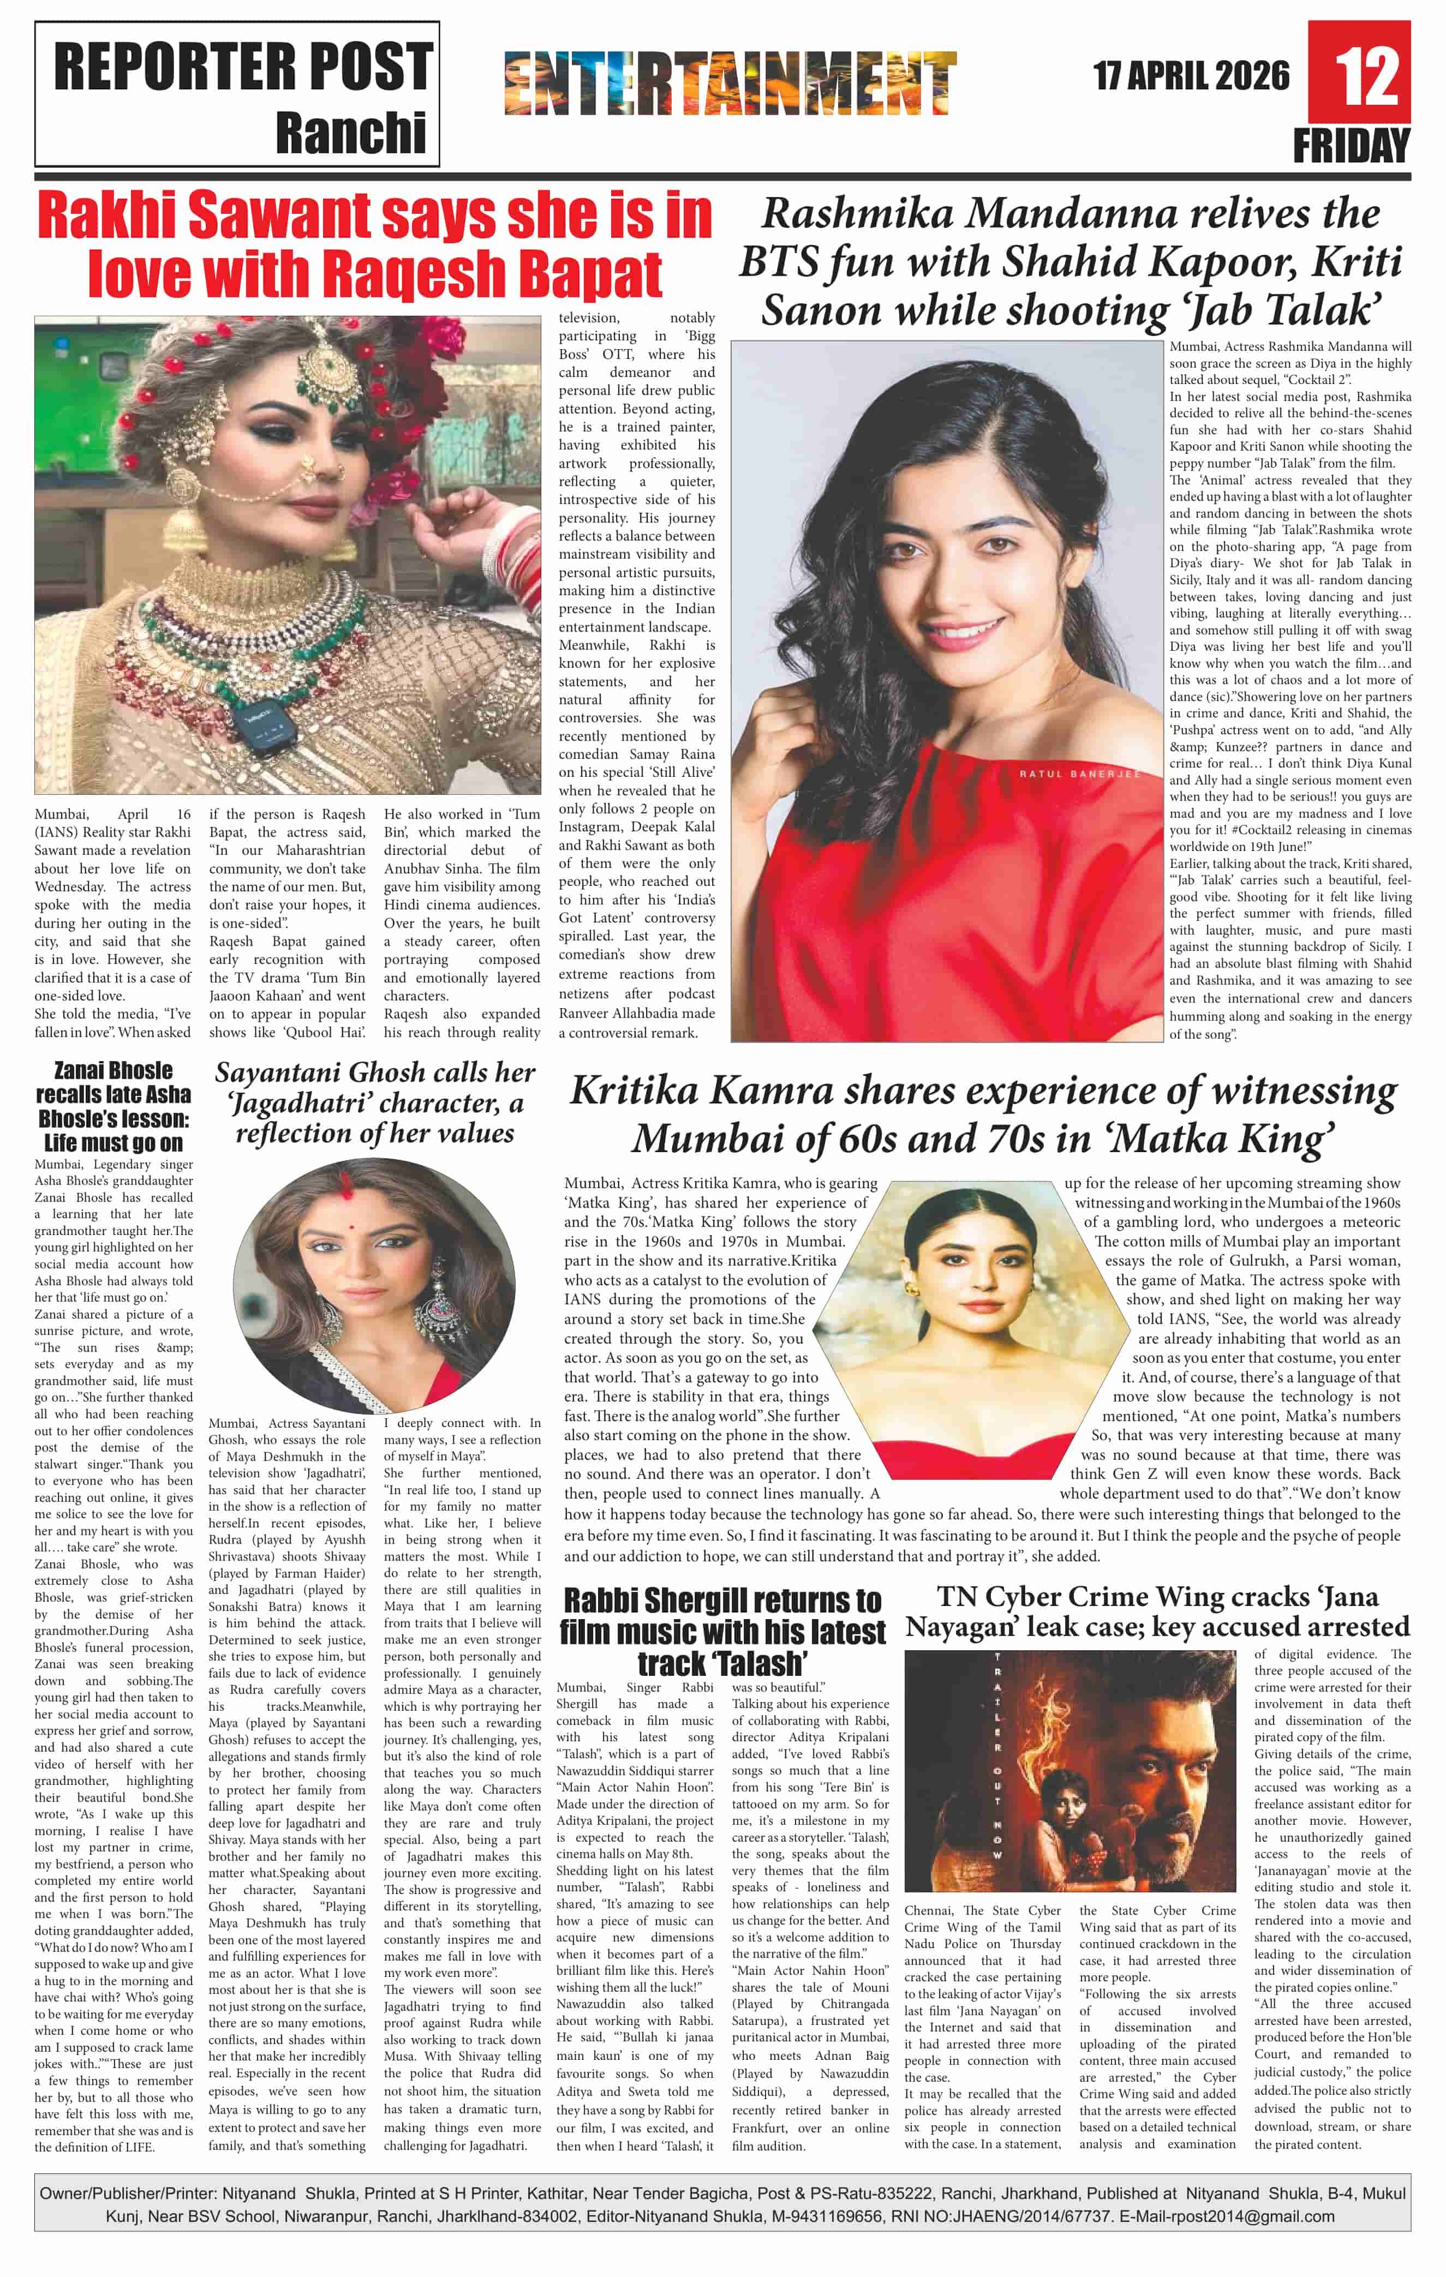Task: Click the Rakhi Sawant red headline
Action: pyautogui.click(x=374, y=244)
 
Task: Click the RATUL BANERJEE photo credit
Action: pyautogui.click(x=1079, y=774)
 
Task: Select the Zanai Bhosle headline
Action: pyautogui.click(x=113, y=1106)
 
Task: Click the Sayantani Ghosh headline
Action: pyautogui.click(x=374, y=1102)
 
